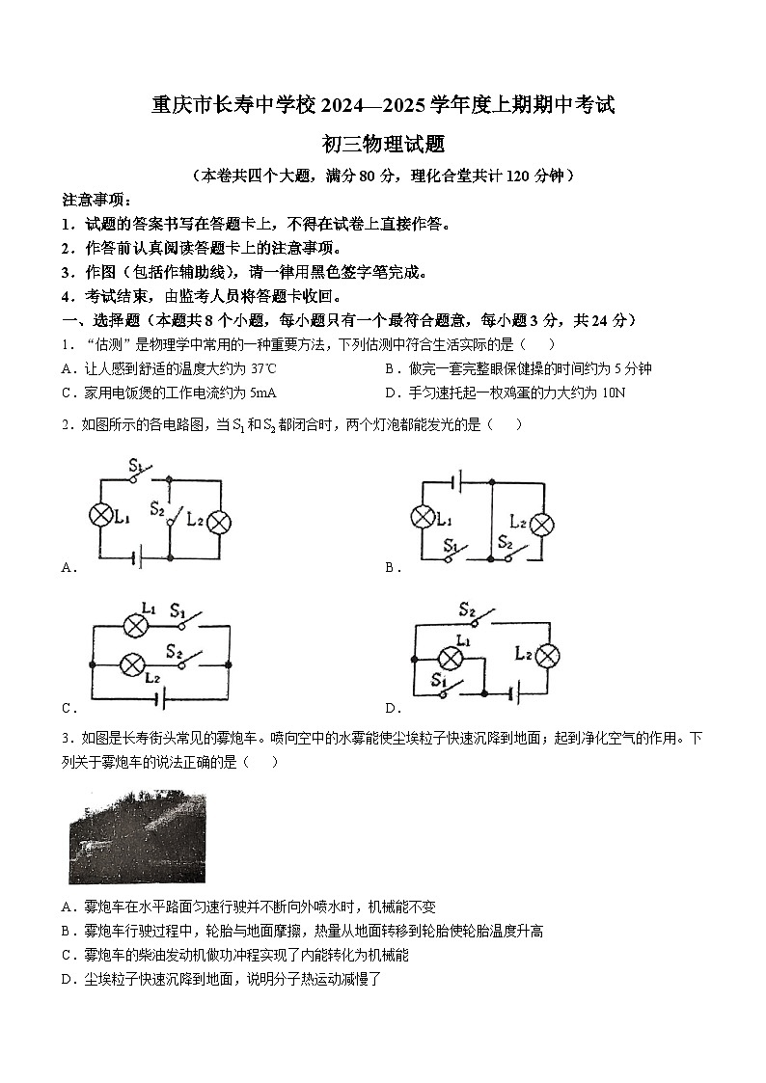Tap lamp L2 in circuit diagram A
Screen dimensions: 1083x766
(x=219, y=522)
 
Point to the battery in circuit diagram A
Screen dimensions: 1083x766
(x=139, y=557)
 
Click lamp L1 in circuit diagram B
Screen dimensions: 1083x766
(x=423, y=517)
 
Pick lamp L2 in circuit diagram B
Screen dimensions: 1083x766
(x=542, y=525)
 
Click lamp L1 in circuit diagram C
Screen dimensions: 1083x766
(x=133, y=625)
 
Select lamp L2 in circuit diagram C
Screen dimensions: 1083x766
(x=131, y=664)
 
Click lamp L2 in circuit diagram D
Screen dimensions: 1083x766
(x=547, y=657)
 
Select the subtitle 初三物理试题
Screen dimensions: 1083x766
(x=383, y=144)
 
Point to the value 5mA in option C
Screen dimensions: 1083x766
(x=261, y=393)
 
